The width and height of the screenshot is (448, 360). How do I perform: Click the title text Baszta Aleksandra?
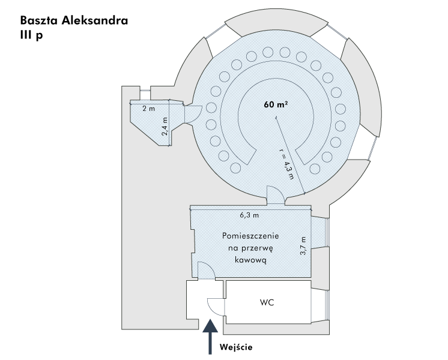coord(74,20)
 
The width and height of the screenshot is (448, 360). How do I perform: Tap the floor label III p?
coord(31,35)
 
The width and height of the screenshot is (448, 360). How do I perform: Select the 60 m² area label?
coord(276,104)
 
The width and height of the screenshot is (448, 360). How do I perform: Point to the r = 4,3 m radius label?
coord(286,166)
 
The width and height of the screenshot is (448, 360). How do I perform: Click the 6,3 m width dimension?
coord(249,215)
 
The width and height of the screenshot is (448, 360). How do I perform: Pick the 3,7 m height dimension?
coord(303,246)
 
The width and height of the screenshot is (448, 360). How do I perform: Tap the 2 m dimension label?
coord(148,109)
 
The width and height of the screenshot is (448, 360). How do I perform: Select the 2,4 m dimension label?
coord(165,127)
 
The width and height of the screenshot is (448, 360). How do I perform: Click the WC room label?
coord(267,302)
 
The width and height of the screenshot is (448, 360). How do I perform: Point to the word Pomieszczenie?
coord(250,236)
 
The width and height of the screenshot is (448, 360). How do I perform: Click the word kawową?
coord(250,260)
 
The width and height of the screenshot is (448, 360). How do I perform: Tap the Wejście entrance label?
coord(236,347)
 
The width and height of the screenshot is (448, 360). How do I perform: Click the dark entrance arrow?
coord(210,337)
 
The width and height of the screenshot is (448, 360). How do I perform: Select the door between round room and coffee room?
coord(276,195)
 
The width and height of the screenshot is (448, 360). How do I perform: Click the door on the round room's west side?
coord(193,115)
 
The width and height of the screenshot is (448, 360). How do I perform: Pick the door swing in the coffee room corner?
coord(207,270)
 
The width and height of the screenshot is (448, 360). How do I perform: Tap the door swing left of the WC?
coord(216,307)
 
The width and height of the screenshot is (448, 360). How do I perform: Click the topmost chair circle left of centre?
coord(268,52)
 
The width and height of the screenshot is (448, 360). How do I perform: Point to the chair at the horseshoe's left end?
coord(235,168)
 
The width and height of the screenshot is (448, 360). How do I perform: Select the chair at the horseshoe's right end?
coord(315,169)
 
